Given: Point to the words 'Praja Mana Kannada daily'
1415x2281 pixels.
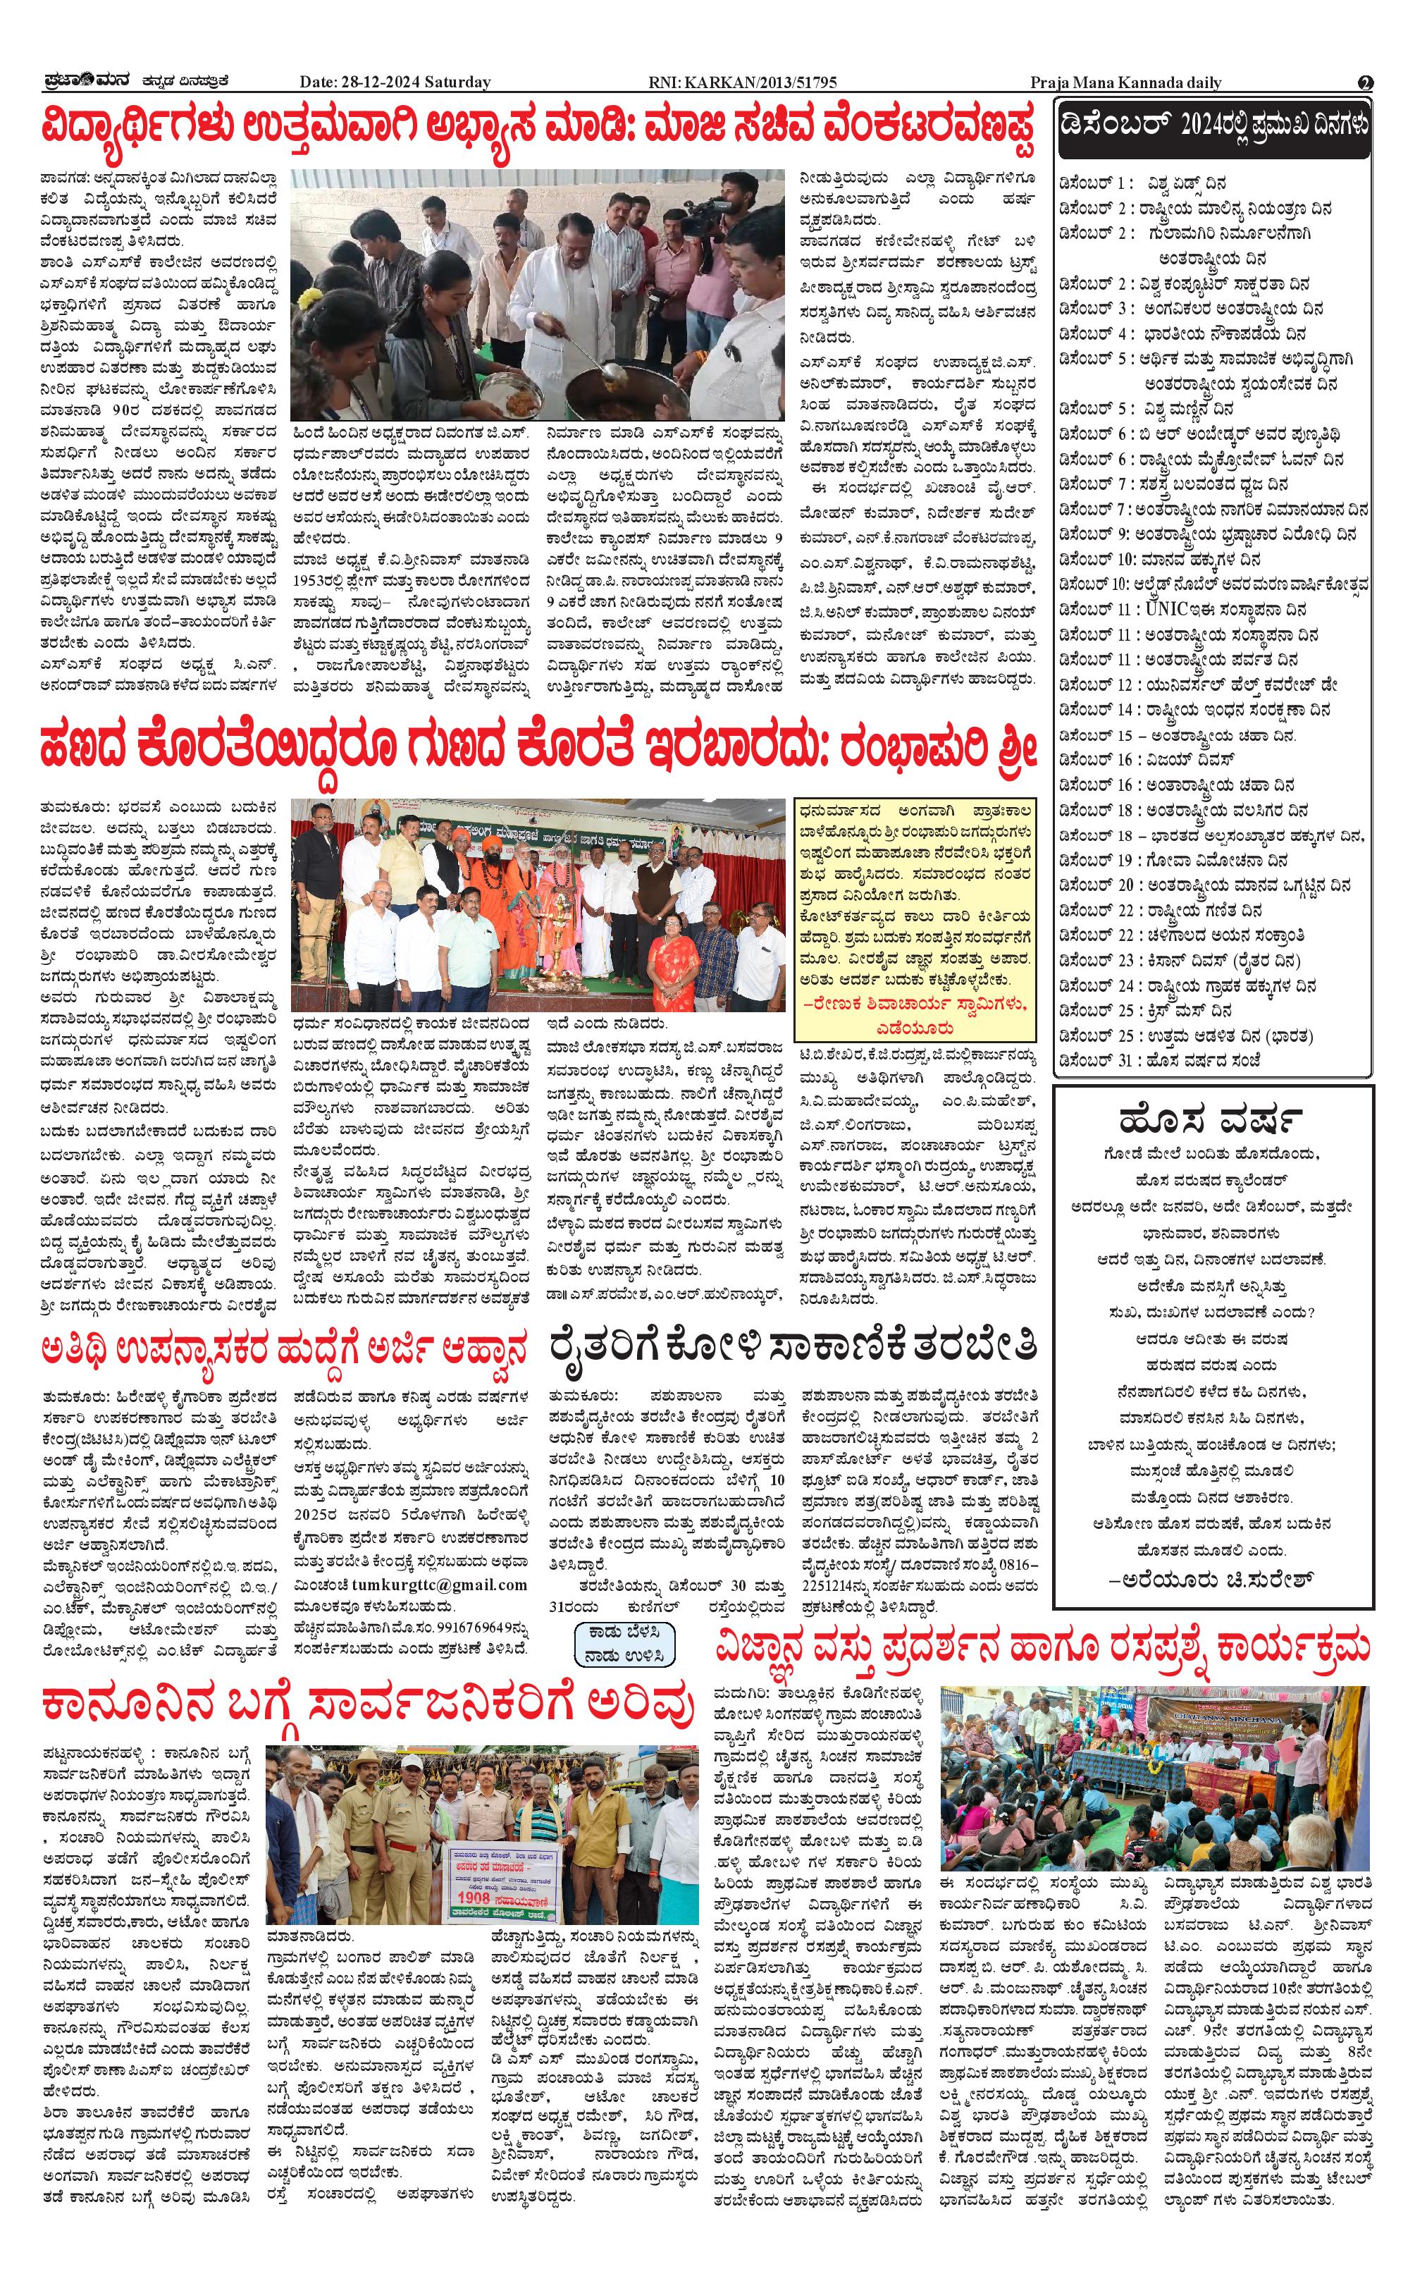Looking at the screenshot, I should pyautogui.click(x=1126, y=82).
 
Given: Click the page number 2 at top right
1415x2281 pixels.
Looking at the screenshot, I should pyautogui.click(x=1366, y=82).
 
